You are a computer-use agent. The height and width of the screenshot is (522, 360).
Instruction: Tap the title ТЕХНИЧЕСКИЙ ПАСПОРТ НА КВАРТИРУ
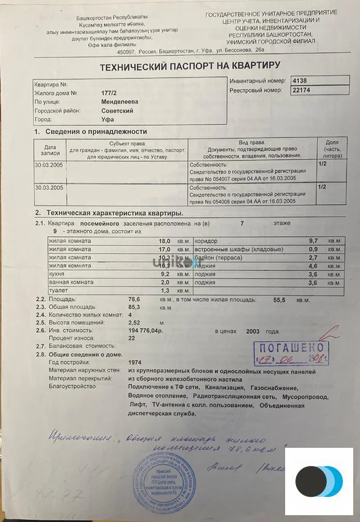[x=190, y=66]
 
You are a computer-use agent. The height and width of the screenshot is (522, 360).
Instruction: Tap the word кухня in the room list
[x=57, y=274]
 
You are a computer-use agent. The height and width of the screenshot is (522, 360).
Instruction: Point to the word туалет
[x=58, y=291]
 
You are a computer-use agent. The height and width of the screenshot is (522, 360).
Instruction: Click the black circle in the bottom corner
[x=310, y=482]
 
